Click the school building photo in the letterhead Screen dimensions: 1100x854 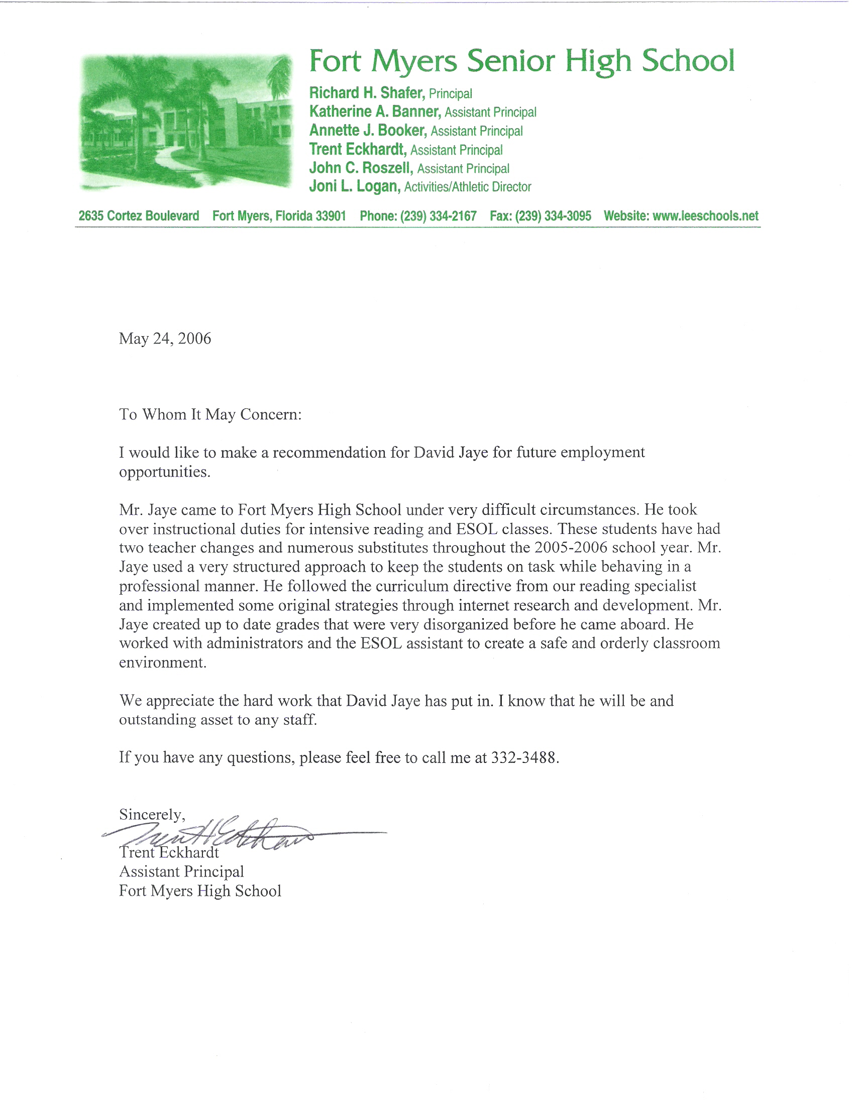186,122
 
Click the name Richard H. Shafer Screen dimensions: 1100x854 367,93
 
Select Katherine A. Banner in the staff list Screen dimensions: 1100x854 375,112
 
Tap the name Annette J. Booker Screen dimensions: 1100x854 368,131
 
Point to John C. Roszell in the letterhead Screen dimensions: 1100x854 361,168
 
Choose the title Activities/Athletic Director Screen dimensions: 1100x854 468,187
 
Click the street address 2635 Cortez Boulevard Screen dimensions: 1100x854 139,216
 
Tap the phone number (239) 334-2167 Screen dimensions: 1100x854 439,216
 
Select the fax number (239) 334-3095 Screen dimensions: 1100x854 553,216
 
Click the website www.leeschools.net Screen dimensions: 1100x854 705,216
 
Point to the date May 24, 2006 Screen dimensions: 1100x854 165,339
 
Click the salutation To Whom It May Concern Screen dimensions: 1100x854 210,414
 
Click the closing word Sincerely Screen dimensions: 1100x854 152,814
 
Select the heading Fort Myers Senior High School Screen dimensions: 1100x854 521,60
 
